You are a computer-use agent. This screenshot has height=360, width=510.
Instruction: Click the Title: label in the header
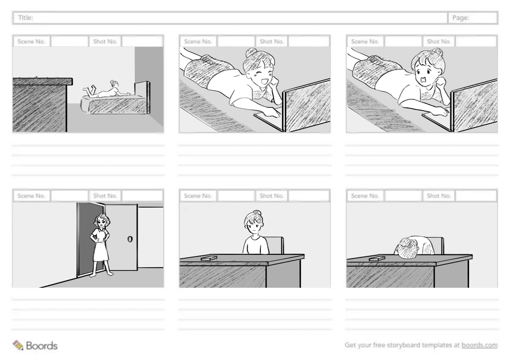25,18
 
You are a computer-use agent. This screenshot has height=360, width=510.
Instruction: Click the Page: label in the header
461,18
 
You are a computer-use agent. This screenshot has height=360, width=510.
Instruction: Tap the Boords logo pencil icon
18,345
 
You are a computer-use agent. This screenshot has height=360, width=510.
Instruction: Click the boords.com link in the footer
479,345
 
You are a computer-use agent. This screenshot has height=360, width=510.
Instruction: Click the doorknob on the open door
130,239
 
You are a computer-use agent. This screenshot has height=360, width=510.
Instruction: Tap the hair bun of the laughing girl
251,52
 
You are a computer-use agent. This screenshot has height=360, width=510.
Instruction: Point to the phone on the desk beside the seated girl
209,258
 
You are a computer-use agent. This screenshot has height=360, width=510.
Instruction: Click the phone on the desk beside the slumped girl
377,259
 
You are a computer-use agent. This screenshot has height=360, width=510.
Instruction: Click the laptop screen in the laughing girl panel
307,105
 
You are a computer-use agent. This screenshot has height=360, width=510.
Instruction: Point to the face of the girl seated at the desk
254,225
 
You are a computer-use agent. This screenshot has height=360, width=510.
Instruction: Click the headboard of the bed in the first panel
142,98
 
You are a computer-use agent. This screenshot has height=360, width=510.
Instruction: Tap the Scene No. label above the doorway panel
31,196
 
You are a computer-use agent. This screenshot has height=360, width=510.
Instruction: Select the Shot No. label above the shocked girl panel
439,41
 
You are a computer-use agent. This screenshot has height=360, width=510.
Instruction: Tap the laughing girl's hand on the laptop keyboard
273,113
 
